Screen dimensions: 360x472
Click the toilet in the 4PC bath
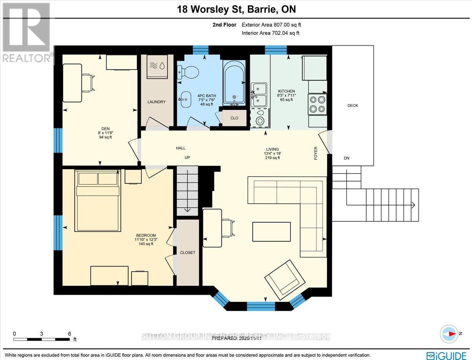[x=190, y=72]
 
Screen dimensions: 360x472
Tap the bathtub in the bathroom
[x=234, y=83]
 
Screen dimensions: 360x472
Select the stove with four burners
[x=317, y=104]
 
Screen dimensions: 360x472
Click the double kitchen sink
[x=259, y=94]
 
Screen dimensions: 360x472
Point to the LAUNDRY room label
[x=157, y=102]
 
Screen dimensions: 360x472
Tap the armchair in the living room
[x=284, y=280]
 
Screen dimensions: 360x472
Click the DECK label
[x=352, y=105]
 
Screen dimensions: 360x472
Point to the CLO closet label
[x=234, y=118]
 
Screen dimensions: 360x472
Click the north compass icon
[x=448, y=334]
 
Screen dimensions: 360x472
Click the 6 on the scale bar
[x=69, y=333]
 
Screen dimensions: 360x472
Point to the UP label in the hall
[x=187, y=157]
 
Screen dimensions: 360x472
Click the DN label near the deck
[x=346, y=158]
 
